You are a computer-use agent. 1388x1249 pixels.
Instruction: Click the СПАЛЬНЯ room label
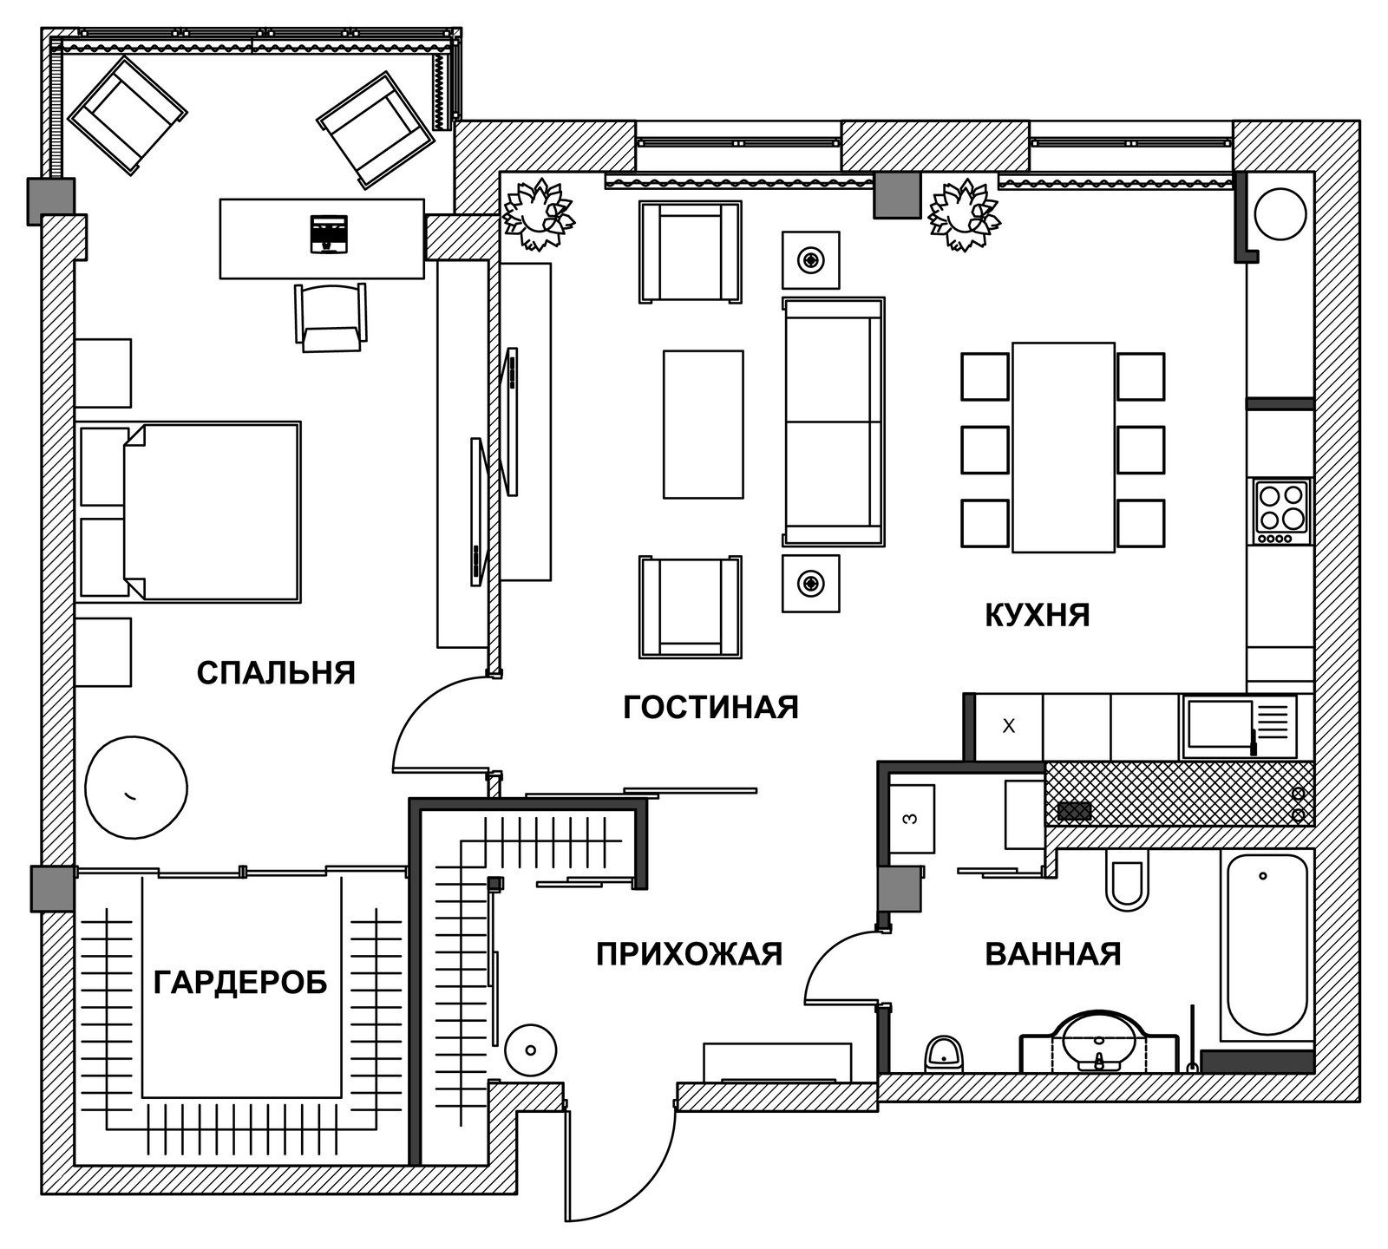pos(276,673)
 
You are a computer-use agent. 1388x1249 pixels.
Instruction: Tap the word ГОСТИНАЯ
pos(710,707)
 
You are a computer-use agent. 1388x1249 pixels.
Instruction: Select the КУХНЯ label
pos(1037,615)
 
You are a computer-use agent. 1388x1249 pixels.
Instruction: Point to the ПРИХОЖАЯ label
pos(689,954)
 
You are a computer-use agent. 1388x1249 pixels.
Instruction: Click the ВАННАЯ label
pos(1053,954)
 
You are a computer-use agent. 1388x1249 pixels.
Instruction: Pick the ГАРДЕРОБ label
pos(240,983)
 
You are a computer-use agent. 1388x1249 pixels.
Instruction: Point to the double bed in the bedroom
pos(190,512)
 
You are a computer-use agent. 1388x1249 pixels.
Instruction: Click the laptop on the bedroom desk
pos(329,234)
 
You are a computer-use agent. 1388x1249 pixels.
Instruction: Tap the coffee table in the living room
pos(704,424)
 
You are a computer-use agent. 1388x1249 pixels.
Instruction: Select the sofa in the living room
pos(834,422)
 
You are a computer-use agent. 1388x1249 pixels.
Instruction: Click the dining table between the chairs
pos(1064,448)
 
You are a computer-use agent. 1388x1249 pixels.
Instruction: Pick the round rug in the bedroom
pos(136,788)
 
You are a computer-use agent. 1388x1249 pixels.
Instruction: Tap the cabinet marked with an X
pos(1009,727)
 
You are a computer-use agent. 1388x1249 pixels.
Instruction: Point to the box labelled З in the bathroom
pos(912,819)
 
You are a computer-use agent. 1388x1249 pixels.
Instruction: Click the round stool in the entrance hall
pos(530,1050)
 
